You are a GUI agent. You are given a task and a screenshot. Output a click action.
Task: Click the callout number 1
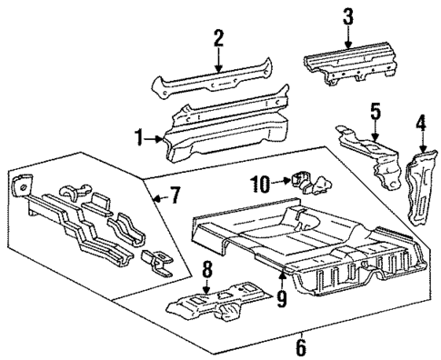(138, 138)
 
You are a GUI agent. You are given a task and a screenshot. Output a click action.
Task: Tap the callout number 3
(348, 16)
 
